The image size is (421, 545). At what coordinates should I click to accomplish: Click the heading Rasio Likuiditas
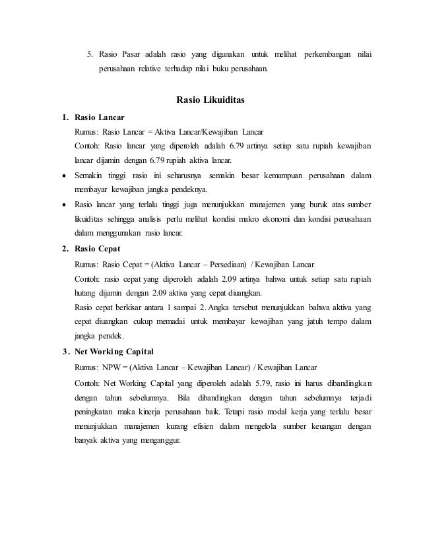pos(210,102)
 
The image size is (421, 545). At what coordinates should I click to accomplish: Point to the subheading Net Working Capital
pos(115,350)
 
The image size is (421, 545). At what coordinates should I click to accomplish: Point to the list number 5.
pos(90,52)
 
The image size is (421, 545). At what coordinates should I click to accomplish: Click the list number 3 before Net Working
pos(64,350)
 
